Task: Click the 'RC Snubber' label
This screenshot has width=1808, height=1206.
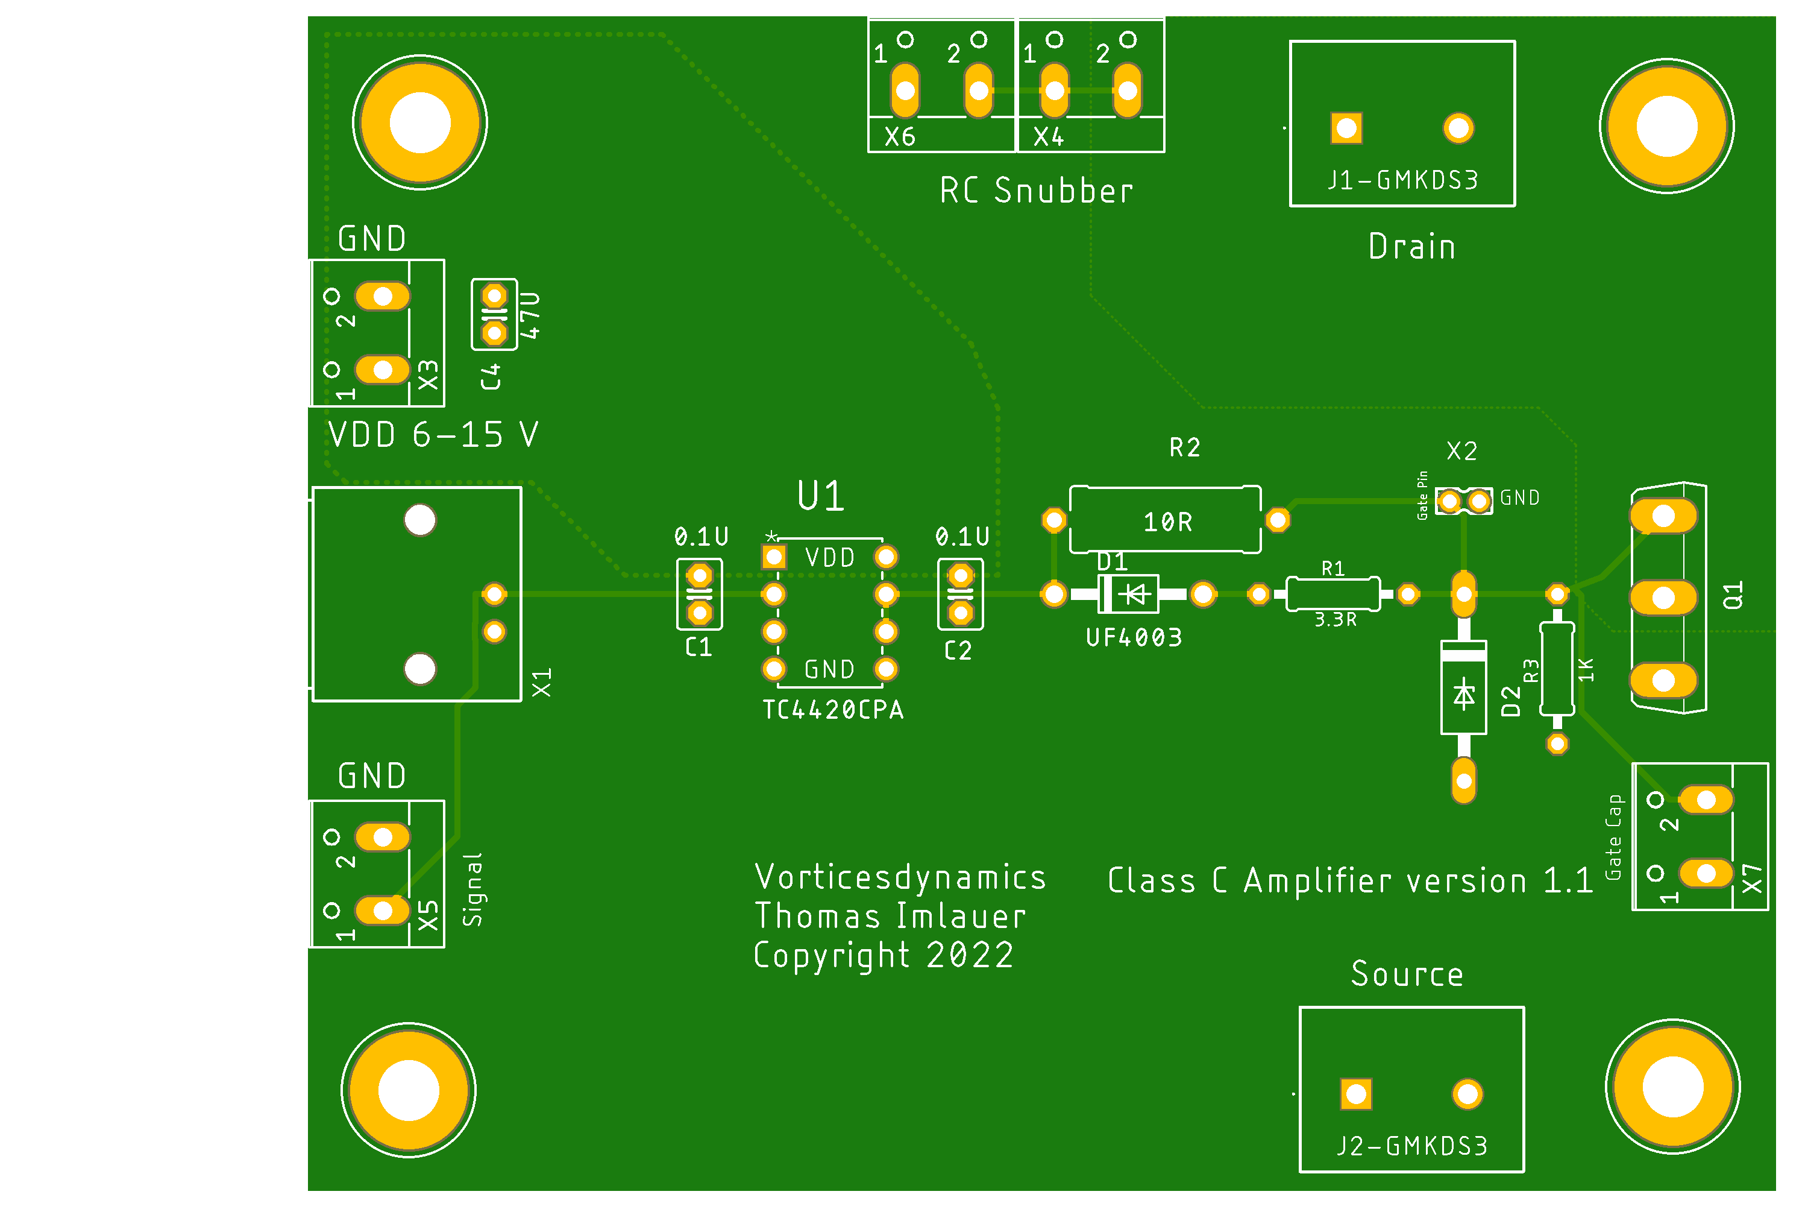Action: click(x=1036, y=191)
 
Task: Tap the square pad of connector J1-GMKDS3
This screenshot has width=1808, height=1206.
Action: click(x=1347, y=128)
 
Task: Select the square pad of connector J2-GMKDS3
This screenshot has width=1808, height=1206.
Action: click(x=1356, y=1094)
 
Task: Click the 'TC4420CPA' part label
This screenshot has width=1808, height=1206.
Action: click(x=832, y=709)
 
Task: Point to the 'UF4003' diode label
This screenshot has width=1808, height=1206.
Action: click(x=1134, y=637)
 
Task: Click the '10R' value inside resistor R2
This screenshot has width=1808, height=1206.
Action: click(x=1168, y=522)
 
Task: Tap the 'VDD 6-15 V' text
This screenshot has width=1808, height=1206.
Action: click(x=433, y=435)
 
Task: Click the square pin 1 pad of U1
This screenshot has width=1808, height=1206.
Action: click(x=774, y=556)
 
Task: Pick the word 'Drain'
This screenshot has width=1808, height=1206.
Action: click(x=1412, y=247)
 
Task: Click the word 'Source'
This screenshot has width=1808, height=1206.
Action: click(x=1407, y=974)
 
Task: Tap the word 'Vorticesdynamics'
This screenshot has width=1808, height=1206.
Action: click(x=900, y=877)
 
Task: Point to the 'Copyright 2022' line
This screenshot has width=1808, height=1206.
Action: click(x=884, y=955)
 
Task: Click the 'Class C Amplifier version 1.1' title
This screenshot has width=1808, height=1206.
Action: click(x=1351, y=880)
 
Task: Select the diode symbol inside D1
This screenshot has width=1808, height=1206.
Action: click(x=1135, y=594)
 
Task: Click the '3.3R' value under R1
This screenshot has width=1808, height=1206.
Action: click(x=1336, y=619)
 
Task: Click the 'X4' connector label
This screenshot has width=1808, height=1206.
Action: click(x=1049, y=137)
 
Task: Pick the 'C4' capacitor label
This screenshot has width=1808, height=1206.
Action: click(x=491, y=377)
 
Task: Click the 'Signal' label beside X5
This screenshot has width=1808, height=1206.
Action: click(x=472, y=889)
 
